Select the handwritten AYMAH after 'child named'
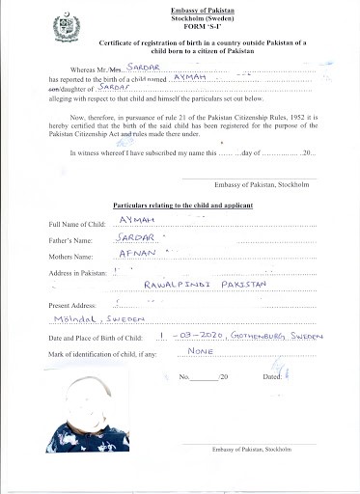click(189, 76)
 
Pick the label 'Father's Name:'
click(73, 240)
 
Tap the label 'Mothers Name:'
click(74, 257)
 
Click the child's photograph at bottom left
click(89, 416)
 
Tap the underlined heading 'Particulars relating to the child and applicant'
click(182, 207)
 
